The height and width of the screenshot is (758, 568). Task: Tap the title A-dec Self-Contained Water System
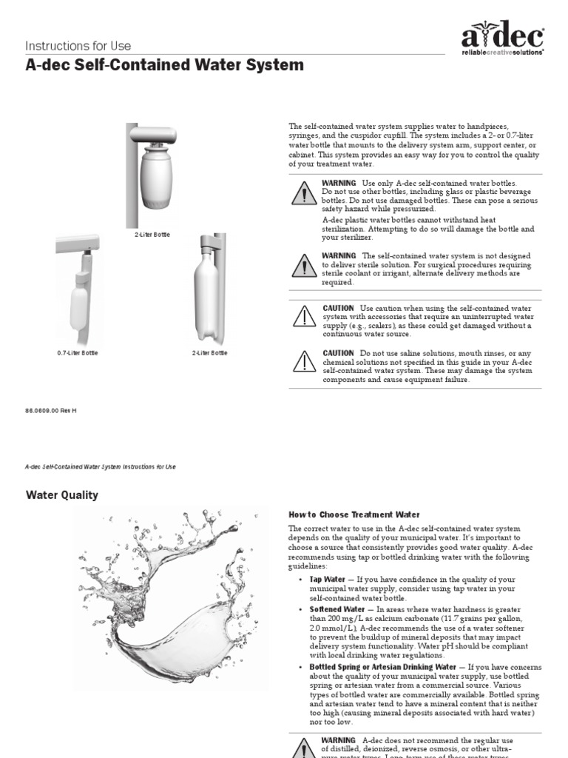[x=164, y=65]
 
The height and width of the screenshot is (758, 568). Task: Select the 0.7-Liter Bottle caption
[x=78, y=353]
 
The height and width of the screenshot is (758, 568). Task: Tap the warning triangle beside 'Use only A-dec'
[x=303, y=194]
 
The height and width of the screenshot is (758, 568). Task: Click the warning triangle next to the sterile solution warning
[x=303, y=265]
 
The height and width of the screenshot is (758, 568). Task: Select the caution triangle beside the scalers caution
[x=303, y=316]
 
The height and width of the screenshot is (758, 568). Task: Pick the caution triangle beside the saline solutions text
[x=303, y=361]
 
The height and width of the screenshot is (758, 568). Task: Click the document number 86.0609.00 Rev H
[x=51, y=410]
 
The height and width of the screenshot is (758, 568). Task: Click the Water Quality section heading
[x=62, y=495]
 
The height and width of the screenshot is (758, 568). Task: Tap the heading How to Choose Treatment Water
[x=354, y=514]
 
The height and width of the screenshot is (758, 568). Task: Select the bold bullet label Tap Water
[x=327, y=580]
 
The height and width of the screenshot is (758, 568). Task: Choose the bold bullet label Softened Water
[x=337, y=608]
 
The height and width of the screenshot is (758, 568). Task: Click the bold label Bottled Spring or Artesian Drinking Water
[x=382, y=666]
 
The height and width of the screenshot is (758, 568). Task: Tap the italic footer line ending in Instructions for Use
[x=101, y=467]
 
